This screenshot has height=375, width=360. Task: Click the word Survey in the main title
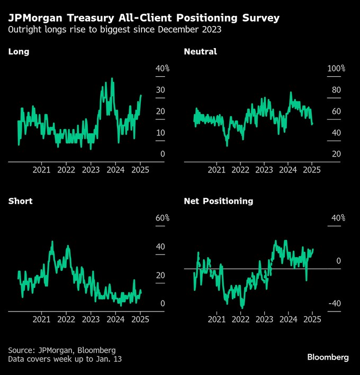[x=257, y=19]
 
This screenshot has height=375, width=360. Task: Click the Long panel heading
[x=19, y=52]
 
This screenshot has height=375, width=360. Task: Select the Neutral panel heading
[x=200, y=52]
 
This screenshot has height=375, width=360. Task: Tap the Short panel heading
[x=21, y=202]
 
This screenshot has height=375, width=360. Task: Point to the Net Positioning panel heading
[x=218, y=202]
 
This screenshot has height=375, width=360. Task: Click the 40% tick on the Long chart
[x=162, y=69]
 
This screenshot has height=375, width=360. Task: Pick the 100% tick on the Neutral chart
[x=336, y=69]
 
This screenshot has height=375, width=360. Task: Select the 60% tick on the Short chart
[x=162, y=218]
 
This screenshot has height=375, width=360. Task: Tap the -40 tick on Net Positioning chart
[x=335, y=304]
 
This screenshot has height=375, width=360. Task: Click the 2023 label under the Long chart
[x=91, y=170]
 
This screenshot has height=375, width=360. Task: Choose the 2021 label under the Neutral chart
[x=216, y=170]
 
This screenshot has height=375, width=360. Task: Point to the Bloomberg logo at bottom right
[x=328, y=358]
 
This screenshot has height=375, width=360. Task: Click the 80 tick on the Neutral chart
[x=336, y=90]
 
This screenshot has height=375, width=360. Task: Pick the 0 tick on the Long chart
[x=163, y=154]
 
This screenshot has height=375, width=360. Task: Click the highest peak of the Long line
[x=112, y=78]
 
